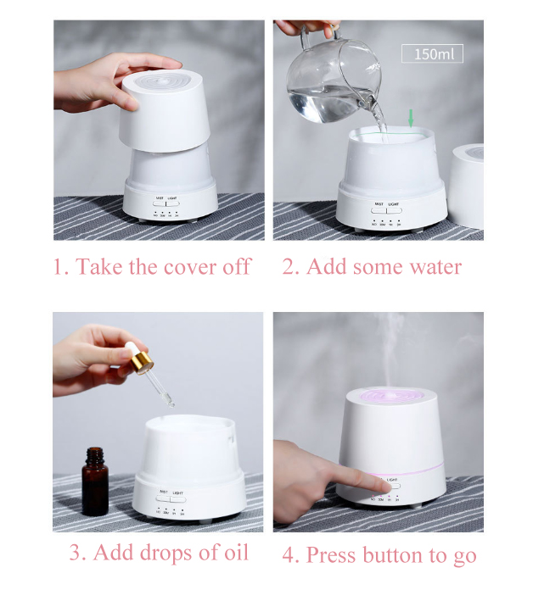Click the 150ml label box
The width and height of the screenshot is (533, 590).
pos(433,54)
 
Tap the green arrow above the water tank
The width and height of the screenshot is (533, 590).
pos(412,120)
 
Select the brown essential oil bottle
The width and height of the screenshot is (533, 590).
pos(95,482)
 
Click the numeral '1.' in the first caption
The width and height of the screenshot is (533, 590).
pos(60,267)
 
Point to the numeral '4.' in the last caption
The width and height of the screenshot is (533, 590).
pos(291,555)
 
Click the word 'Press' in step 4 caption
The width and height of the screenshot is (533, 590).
pos(334,555)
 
